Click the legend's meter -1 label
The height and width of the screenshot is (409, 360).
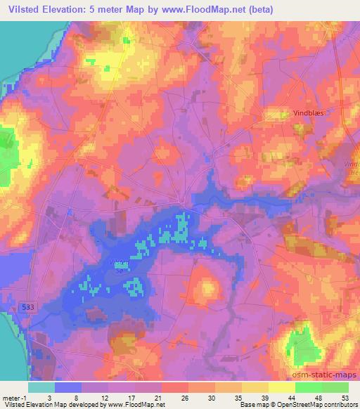pyautogui.click(x=13, y=397)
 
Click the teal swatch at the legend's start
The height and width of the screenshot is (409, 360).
pyautogui.click(x=41, y=387)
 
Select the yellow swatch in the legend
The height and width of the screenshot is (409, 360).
pyautogui.click(x=282, y=387)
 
